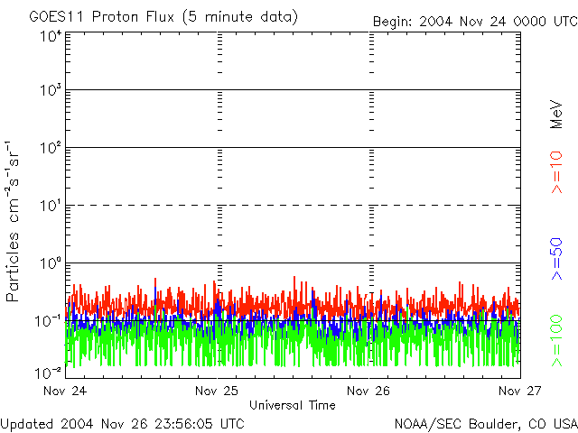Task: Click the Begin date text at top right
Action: pos(474,21)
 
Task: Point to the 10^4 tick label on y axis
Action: pos(51,36)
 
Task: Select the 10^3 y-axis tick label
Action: pos(51,90)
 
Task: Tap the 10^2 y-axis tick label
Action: pos(51,148)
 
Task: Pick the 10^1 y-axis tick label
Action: pos(51,206)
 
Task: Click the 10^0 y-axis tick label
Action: pos(51,263)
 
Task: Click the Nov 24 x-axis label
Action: pos(65,391)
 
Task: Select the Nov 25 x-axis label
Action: pos(217,391)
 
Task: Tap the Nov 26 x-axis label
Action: pos(368,391)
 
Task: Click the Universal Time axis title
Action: pos(292,405)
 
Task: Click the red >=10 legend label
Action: pos(556,172)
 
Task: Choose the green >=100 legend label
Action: pos(556,339)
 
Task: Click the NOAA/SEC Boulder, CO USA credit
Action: pos(485,423)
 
